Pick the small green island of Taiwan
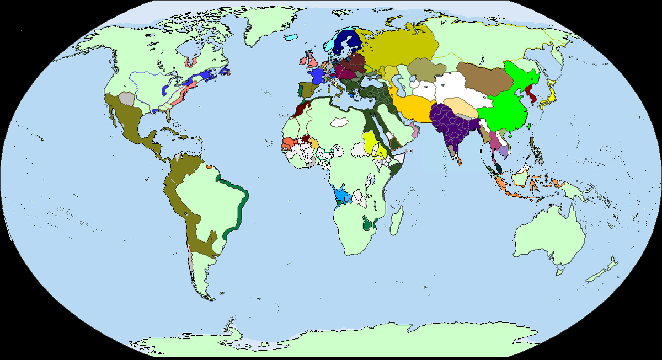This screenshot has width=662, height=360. coord(529,126)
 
